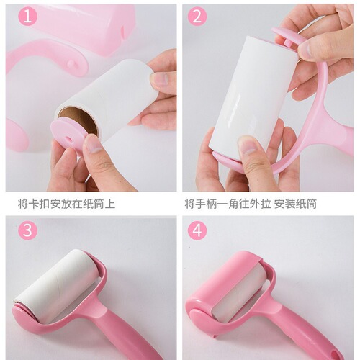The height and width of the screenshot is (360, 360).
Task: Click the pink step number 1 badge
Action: click(x=26, y=17)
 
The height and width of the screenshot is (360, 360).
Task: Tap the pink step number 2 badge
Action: click(x=197, y=17)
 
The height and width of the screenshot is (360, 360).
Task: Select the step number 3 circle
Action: click(x=26, y=230)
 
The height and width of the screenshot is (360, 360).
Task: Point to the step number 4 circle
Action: click(x=197, y=230)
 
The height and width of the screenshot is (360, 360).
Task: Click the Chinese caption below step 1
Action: click(x=66, y=204)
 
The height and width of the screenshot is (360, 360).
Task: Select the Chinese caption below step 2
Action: click(x=251, y=204)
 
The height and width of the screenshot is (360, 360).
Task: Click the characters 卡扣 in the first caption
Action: click(x=42, y=204)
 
